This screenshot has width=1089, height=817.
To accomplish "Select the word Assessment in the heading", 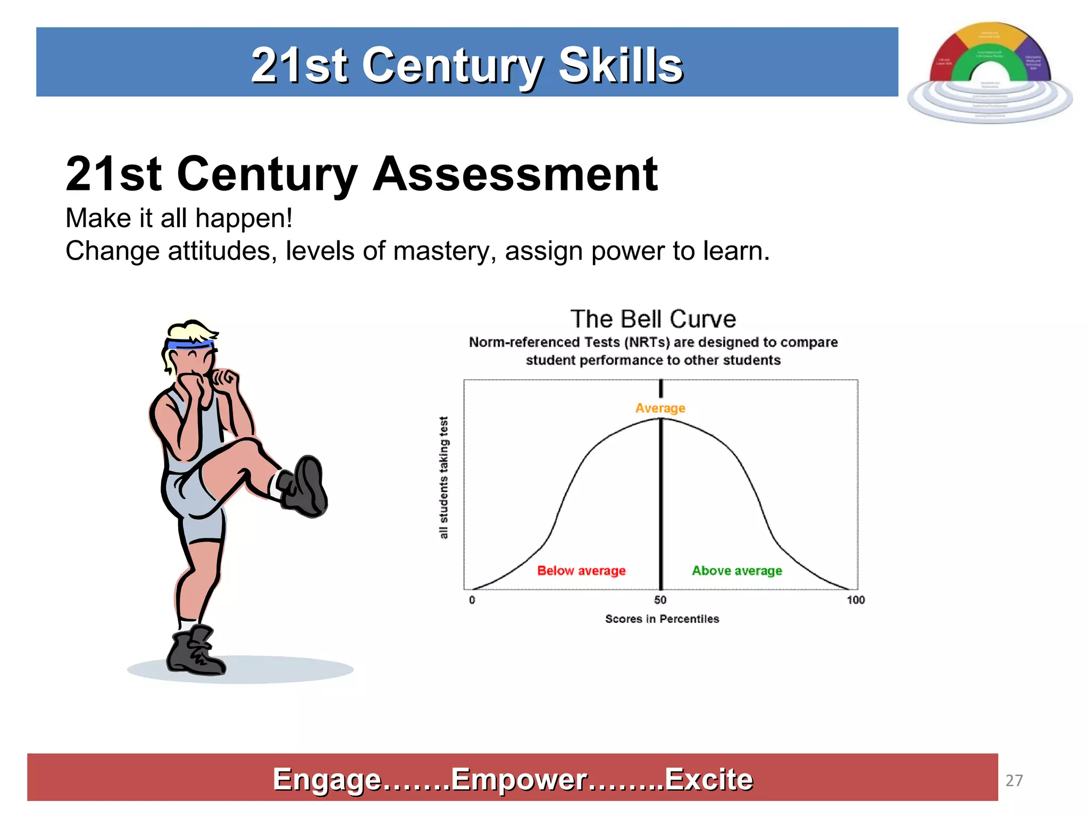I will [x=515, y=174].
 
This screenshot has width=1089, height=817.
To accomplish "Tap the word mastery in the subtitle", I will [x=445, y=251].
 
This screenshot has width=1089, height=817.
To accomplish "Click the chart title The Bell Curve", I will [x=653, y=319].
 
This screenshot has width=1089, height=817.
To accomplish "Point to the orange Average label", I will [x=660, y=408].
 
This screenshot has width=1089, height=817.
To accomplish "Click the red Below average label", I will [x=581, y=571].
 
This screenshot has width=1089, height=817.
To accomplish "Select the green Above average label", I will [x=736, y=571].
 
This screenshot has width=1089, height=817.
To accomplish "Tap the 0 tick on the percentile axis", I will [x=472, y=600].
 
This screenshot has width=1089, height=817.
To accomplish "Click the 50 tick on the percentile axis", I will [x=660, y=600].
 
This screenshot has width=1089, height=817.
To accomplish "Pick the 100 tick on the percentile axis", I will [x=856, y=600].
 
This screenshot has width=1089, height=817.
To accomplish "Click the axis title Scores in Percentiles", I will [x=662, y=619].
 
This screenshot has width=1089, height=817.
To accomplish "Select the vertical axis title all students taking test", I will [x=444, y=477].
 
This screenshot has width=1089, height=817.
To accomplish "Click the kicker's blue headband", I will [x=189, y=345].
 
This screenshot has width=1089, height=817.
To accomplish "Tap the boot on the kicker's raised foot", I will [x=305, y=487].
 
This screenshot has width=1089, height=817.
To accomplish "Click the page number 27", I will [x=1014, y=780].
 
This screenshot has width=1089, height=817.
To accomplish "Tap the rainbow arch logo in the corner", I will [x=990, y=72].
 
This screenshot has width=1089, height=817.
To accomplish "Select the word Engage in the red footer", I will [x=326, y=780].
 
